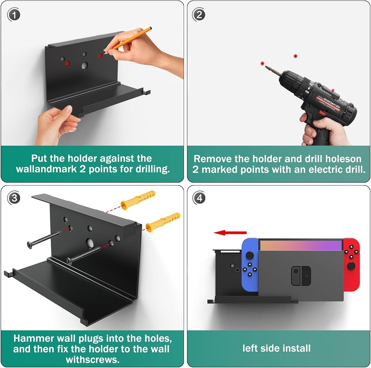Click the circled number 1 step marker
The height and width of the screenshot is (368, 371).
pyautogui.click(x=14, y=15)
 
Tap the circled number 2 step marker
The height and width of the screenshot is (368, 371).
pyautogui.click(x=199, y=15)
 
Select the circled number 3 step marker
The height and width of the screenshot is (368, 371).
pyautogui.click(x=14, y=198)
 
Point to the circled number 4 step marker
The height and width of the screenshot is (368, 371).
pyautogui.click(x=199, y=198)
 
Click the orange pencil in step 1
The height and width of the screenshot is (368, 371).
pyautogui.click(x=129, y=39)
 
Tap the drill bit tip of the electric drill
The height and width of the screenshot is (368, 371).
pyautogui.click(x=266, y=66)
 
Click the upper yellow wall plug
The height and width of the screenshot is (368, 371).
pyautogui.click(x=138, y=200)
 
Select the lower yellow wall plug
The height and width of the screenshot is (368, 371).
pyautogui.click(x=163, y=222)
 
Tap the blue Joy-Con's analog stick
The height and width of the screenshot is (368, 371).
pyautogui.click(x=249, y=255)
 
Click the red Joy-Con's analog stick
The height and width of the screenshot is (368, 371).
pyautogui.click(x=351, y=266)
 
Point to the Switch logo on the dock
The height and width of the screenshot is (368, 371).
pyautogui.click(x=301, y=276)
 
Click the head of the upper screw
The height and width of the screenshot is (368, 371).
pyautogui.click(x=30, y=245)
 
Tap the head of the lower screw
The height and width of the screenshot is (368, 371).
pyautogui.click(x=69, y=261)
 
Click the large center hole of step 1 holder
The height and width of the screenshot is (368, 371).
pyautogui.click(x=85, y=66)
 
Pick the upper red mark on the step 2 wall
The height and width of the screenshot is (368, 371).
pyautogui.click(x=295, y=56)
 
